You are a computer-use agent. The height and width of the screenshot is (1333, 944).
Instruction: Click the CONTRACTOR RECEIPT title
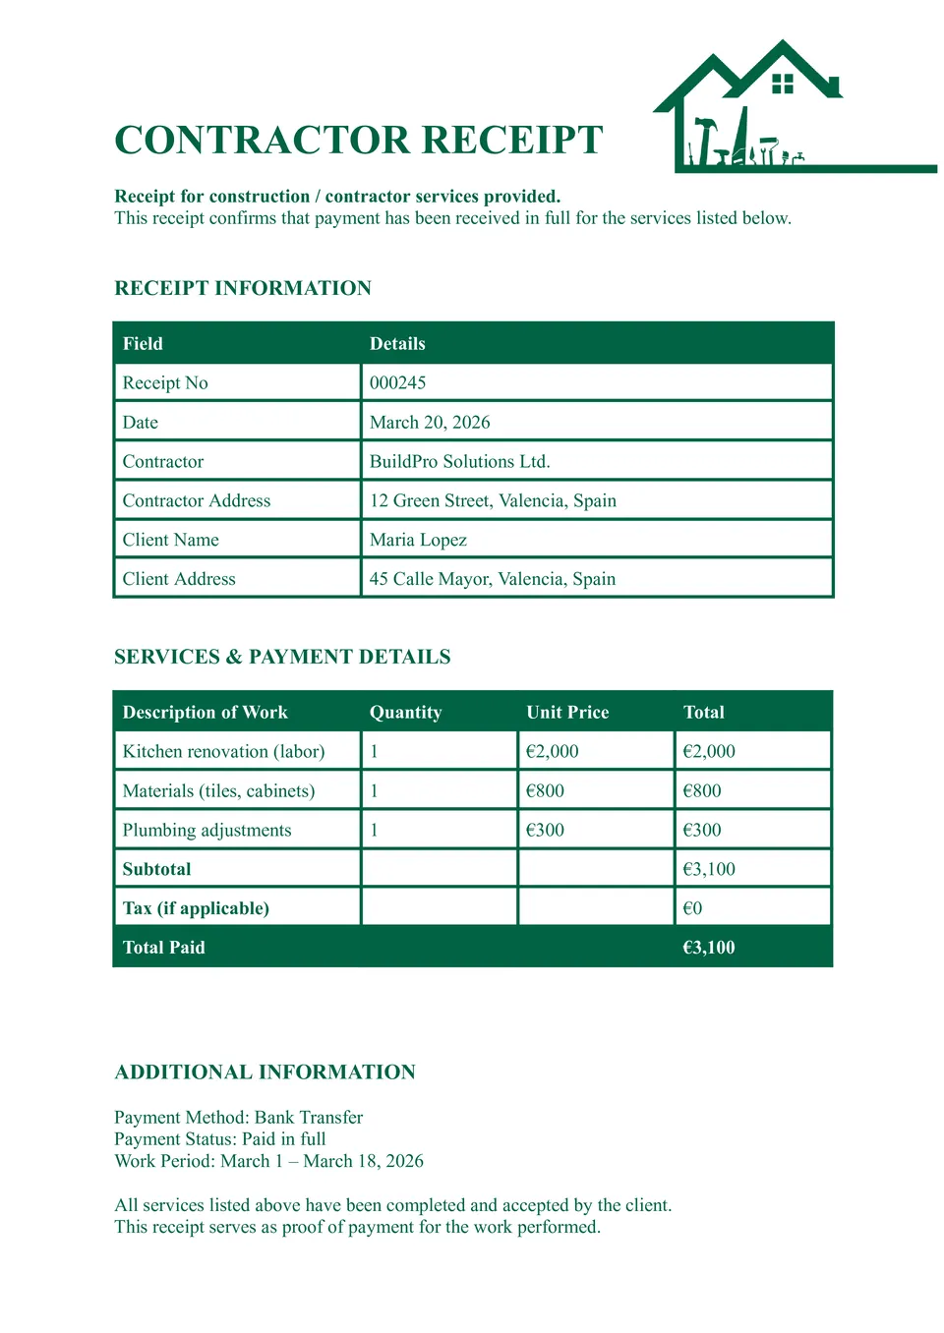point(359,141)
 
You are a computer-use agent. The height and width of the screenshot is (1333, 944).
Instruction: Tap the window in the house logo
point(783,84)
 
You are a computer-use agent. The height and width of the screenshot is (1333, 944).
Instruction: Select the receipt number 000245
point(398,383)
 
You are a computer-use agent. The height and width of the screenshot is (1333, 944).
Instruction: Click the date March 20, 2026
point(430,423)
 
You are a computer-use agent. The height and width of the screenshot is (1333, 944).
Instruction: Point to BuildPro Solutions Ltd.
point(459,462)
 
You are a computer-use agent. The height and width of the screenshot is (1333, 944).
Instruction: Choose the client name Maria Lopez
point(418,541)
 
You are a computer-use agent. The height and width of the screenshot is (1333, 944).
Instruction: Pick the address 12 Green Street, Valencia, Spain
point(493,501)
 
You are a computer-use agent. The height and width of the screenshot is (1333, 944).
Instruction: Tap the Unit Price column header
point(567,713)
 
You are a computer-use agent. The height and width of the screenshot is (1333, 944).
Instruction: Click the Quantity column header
point(405,713)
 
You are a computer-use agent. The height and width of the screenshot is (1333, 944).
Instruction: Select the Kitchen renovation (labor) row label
point(223,752)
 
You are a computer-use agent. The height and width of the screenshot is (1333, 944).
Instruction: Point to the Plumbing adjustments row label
point(206,831)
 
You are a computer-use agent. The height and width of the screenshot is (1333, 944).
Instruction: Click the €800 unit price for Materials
point(545,791)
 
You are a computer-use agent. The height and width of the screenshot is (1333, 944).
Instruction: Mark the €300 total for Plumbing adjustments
point(702,831)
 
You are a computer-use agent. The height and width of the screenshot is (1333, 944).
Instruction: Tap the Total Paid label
point(163,948)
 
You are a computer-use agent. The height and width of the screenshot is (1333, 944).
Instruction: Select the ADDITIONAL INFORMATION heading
point(265,1072)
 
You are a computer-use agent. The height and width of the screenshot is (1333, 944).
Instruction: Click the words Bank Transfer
point(309,1118)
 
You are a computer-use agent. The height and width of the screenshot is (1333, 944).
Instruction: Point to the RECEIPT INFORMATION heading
point(243,288)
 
